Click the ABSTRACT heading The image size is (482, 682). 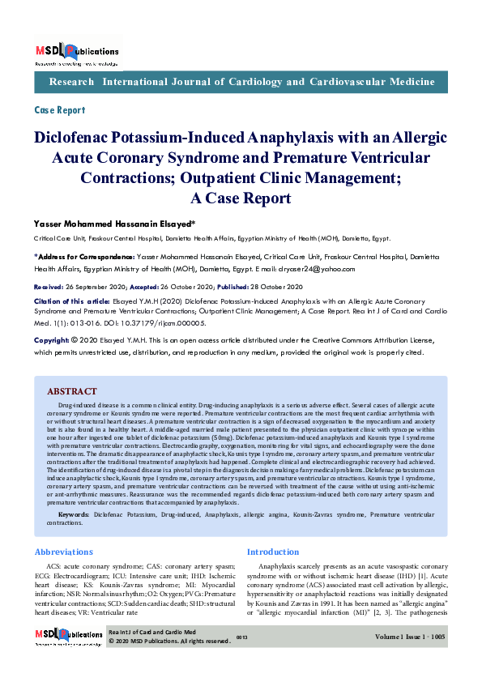point(72,391)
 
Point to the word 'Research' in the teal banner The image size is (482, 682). point(71,83)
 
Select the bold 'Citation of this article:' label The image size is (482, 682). point(67,301)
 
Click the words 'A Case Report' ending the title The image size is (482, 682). point(239,198)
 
